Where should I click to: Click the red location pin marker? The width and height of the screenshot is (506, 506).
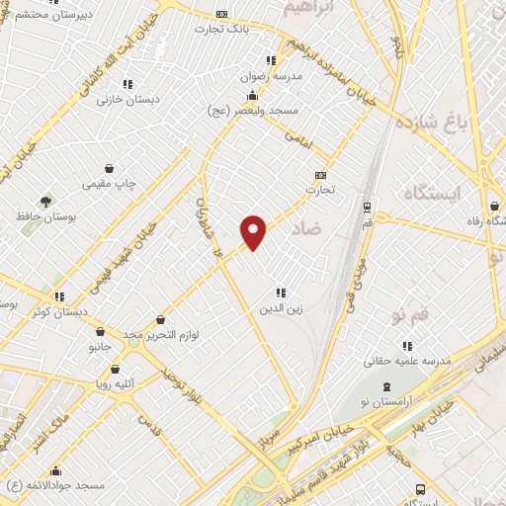pyautogui.click(x=255, y=232)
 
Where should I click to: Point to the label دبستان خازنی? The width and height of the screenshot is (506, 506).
pyautogui.click(x=126, y=101)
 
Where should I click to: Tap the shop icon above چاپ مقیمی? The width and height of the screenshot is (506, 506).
pyautogui.click(x=121, y=169)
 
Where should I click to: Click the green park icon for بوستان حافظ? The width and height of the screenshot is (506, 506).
pyautogui.click(x=44, y=201)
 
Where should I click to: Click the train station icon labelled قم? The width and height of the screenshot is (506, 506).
pyautogui.click(x=368, y=208)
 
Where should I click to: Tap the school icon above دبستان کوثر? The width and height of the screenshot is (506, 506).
pyautogui.click(x=60, y=295)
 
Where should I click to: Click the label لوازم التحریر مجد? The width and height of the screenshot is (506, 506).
pyautogui.click(x=161, y=336)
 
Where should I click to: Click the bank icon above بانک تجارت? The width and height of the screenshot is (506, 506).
pyautogui.click(x=221, y=14)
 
